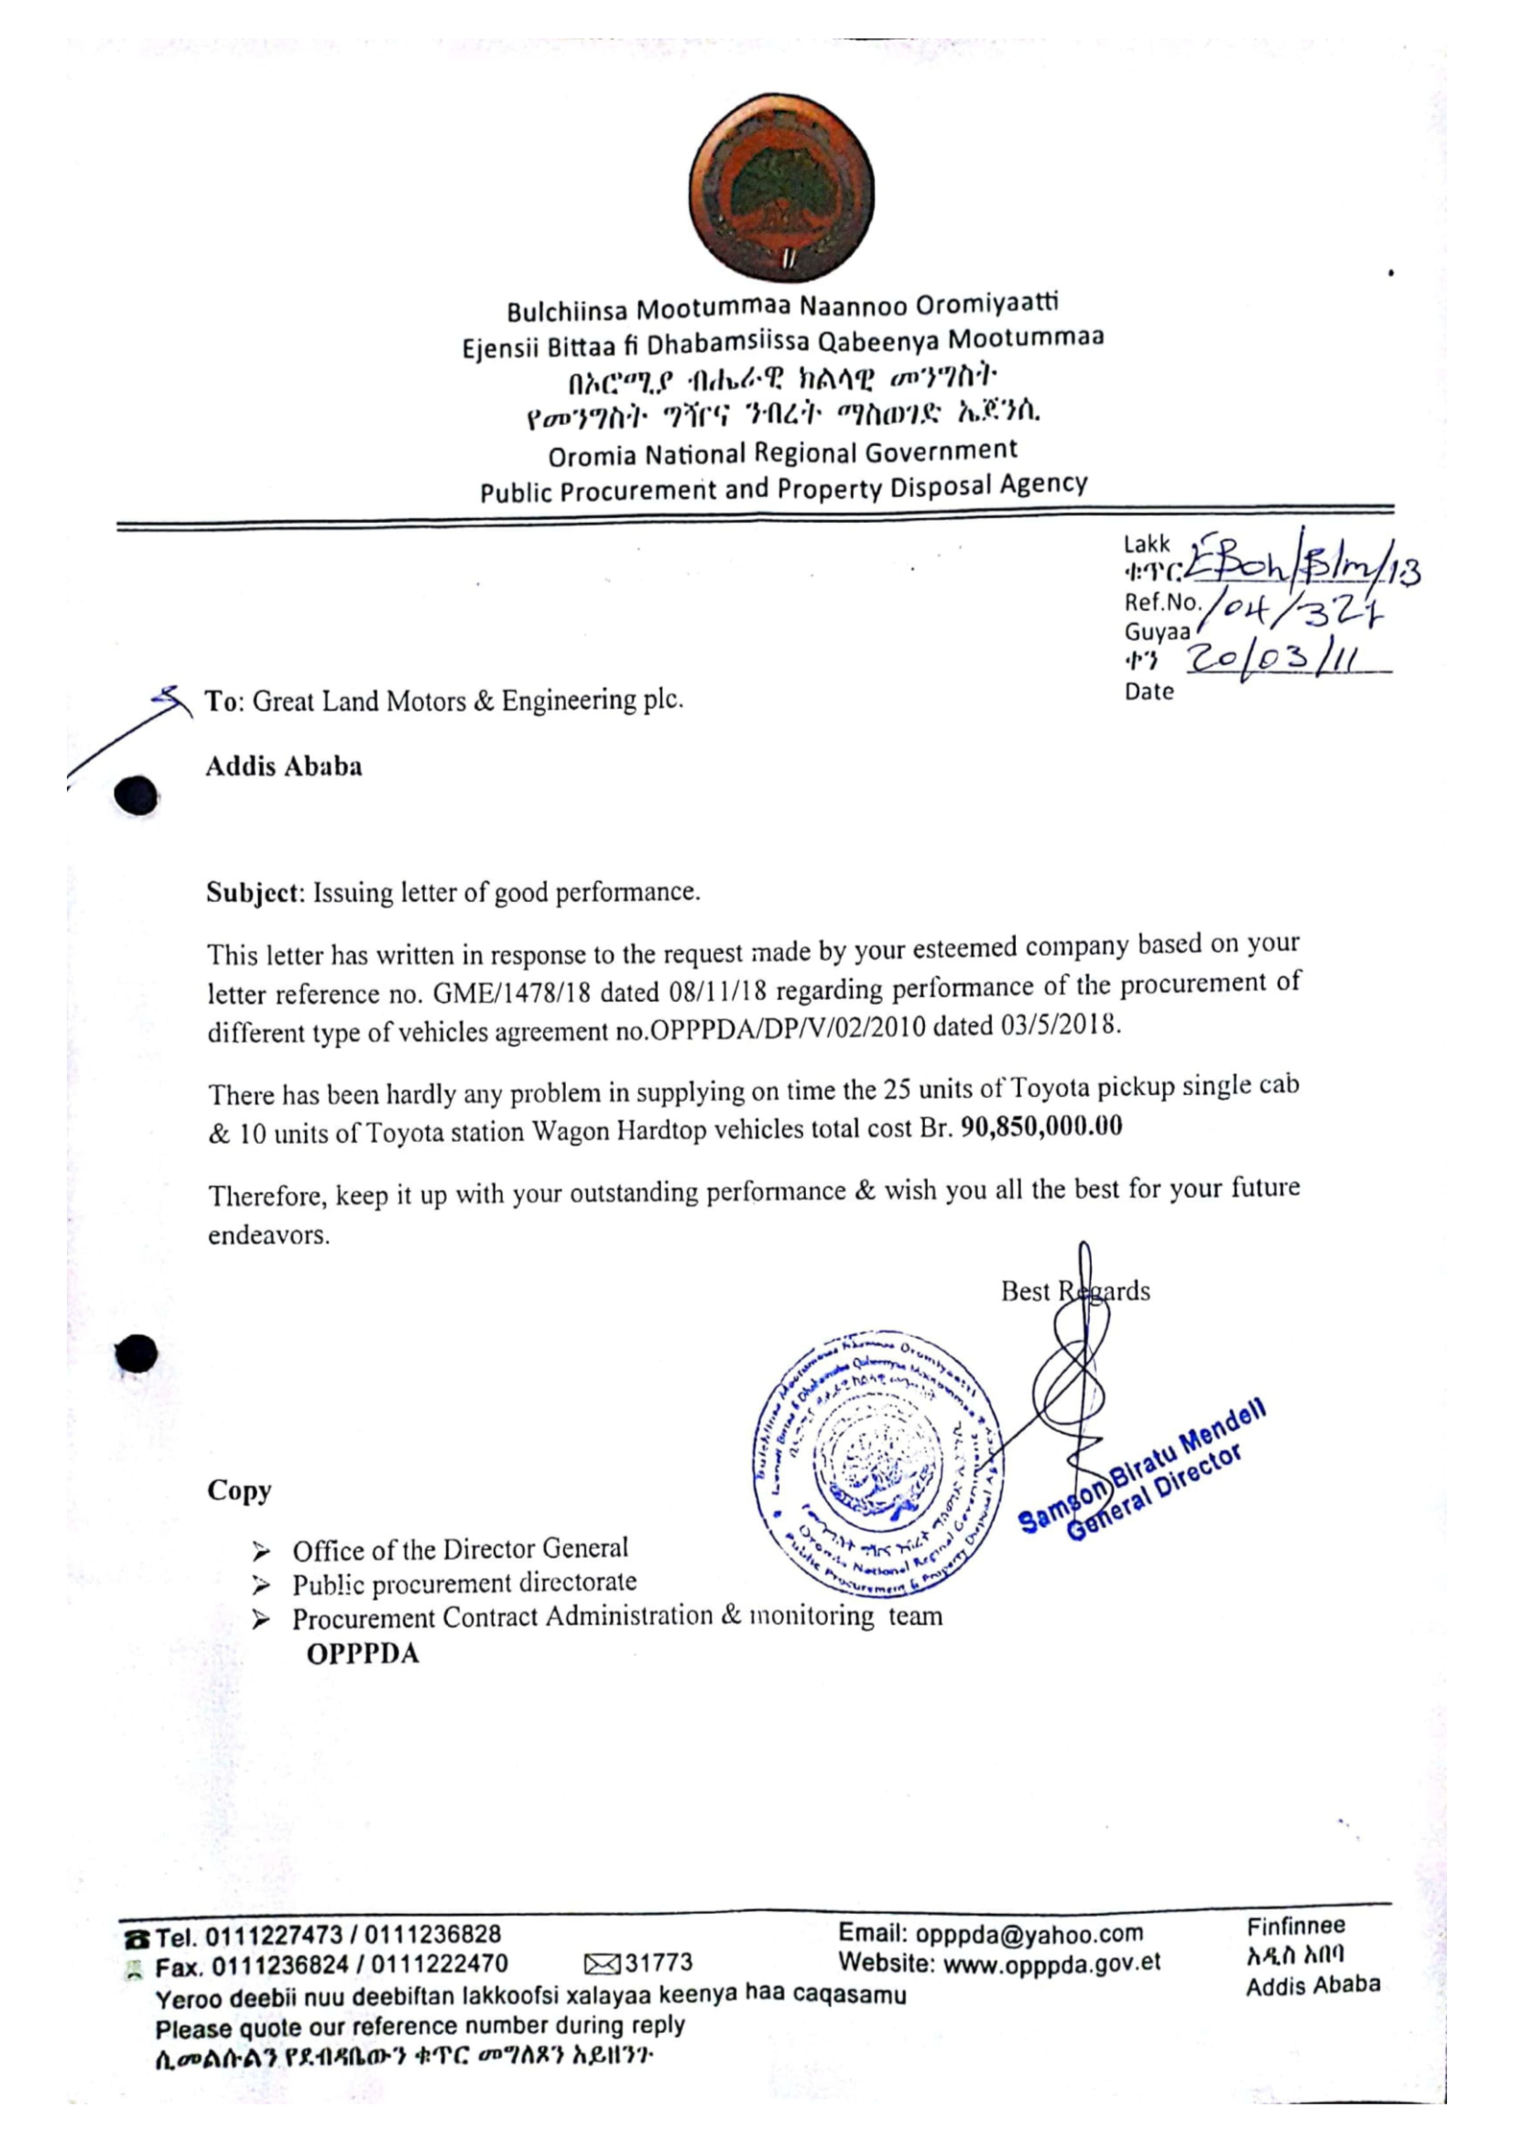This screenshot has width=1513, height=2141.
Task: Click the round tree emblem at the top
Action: (x=781, y=188)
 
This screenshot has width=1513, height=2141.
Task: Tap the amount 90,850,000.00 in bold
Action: (x=1041, y=1126)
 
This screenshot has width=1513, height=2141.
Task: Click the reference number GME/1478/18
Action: (x=512, y=992)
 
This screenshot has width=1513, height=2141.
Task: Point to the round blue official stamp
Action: (x=877, y=1462)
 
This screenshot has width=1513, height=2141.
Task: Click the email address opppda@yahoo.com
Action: (x=1029, y=1934)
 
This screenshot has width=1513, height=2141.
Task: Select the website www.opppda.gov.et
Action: (x=1052, y=1963)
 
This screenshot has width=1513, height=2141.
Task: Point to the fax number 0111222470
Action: (x=440, y=1965)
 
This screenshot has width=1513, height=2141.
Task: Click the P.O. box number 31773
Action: (x=659, y=1963)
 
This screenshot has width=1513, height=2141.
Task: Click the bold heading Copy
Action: (x=239, y=1490)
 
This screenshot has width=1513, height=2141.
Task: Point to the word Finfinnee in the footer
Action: (x=1296, y=1926)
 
